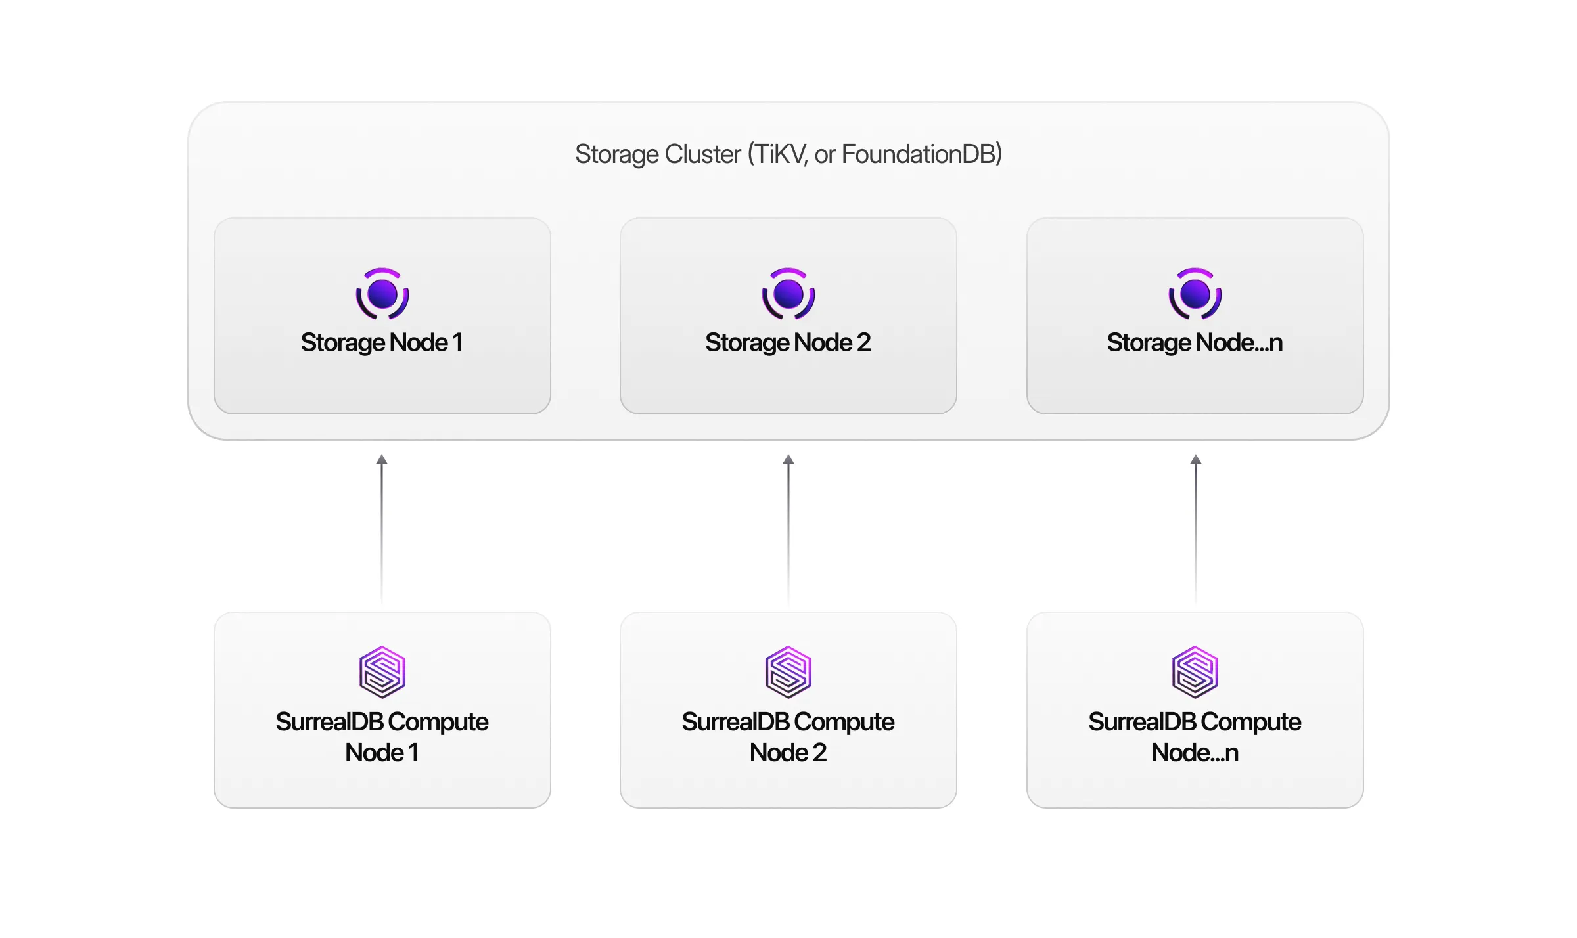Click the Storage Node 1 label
pyautogui.click(x=382, y=342)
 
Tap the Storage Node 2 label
pyautogui.click(x=788, y=342)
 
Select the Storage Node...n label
pyautogui.click(x=1195, y=342)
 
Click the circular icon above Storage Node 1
pyautogui.click(x=382, y=294)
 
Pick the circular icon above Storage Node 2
pyautogui.click(x=788, y=294)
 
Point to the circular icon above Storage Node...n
pyautogui.click(x=1195, y=294)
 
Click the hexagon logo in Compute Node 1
pyautogui.click(x=382, y=672)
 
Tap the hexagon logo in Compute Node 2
pyautogui.click(x=788, y=672)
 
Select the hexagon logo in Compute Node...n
pyautogui.click(x=1195, y=672)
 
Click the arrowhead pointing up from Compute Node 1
pyautogui.click(x=382, y=459)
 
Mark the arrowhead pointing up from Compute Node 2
pyautogui.click(x=788, y=459)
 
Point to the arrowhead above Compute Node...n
pyautogui.click(x=1195, y=459)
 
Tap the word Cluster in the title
pyautogui.click(x=702, y=154)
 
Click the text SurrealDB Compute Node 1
pyautogui.click(x=382, y=736)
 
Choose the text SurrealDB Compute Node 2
pyautogui.click(x=788, y=736)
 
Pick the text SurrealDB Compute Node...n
pyautogui.click(x=1195, y=736)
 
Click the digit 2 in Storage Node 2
pyautogui.click(x=863, y=342)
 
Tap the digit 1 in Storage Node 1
pyautogui.click(x=457, y=342)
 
